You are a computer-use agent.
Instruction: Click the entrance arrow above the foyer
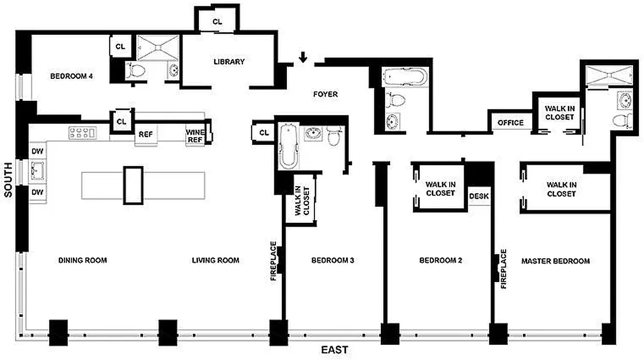(303, 57)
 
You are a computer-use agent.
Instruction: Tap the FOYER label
(325, 94)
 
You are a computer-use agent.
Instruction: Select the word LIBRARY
(229, 62)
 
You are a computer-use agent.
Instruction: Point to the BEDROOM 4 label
(72, 76)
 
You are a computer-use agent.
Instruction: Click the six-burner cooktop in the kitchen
(82, 132)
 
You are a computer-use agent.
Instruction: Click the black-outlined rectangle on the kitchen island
(134, 185)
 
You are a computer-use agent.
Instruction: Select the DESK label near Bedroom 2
(479, 196)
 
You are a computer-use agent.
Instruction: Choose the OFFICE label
(510, 122)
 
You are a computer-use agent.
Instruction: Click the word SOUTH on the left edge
(8, 179)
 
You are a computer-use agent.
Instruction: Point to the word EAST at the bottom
(334, 350)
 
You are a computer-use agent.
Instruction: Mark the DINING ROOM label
(83, 260)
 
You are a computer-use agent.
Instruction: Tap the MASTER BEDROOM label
(555, 261)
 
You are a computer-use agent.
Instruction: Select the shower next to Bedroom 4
(158, 47)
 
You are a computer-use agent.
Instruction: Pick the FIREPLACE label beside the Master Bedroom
(503, 269)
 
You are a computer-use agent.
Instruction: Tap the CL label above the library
(217, 22)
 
